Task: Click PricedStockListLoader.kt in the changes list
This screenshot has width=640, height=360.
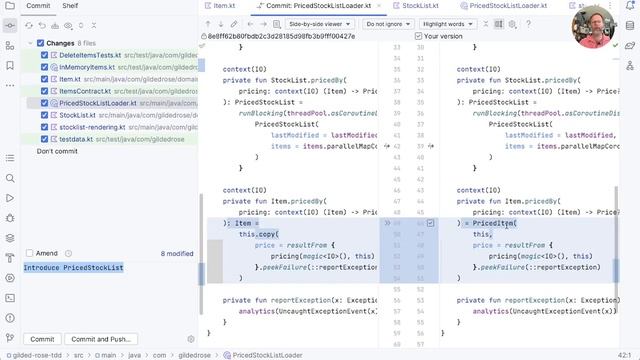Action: pos(97,103)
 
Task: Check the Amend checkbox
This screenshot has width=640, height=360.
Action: pos(28,254)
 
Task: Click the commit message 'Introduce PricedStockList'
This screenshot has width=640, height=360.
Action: pos(74,268)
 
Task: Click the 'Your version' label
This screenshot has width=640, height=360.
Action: pos(444,36)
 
